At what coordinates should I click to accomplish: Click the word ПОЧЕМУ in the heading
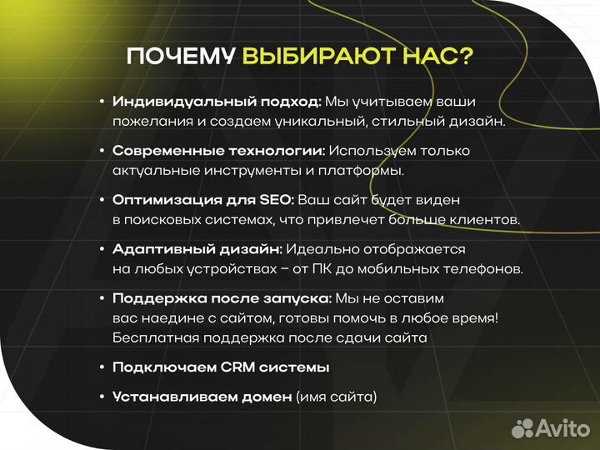(x=181, y=57)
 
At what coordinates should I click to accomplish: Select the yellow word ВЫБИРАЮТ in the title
(x=314, y=57)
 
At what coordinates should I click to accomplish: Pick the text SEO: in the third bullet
(x=276, y=200)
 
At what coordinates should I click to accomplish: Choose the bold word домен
(x=267, y=397)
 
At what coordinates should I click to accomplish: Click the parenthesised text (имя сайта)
(x=336, y=397)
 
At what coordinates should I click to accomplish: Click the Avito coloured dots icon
(x=522, y=427)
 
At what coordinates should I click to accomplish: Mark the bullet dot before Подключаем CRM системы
(x=102, y=367)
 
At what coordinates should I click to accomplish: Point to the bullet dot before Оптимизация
(x=102, y=200)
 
